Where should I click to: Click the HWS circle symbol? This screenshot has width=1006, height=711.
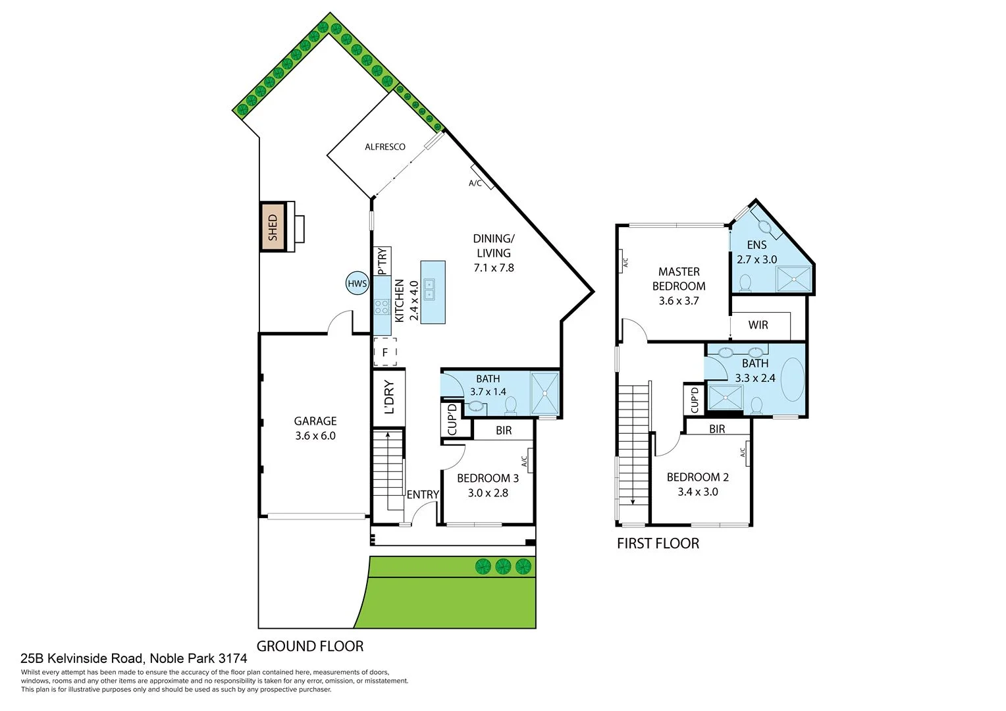[x=357, y=284]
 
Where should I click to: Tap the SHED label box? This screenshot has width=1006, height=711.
[x=273, y=226]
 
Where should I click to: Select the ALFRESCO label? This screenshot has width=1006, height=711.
[x=385, y=147]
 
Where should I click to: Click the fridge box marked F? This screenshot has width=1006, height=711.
[x=385, y=352]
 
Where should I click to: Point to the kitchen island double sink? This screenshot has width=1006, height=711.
[x=429, y=289]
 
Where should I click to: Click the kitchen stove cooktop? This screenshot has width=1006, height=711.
[x=381, y=306]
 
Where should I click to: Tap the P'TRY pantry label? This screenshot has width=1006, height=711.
[x=382, y=261]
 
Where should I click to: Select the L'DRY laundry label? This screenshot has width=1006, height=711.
[x=388, y=397]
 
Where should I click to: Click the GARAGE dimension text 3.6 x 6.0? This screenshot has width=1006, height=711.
[x=315, y=436]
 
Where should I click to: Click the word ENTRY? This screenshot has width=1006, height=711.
[x=423, y=494]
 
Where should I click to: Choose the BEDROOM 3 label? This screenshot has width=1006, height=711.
[x=488, y=478]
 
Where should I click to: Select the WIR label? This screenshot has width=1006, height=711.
[x=758, y=325]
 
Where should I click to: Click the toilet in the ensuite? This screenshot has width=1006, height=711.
[x=745, y=283]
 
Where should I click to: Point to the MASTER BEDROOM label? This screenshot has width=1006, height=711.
[x=679, y=278]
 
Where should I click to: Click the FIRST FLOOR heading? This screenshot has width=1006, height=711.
[x=658, y=544]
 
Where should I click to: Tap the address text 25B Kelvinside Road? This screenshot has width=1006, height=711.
[x=134, y=658]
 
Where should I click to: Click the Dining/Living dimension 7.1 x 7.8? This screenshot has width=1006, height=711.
[x=494, y=268]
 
